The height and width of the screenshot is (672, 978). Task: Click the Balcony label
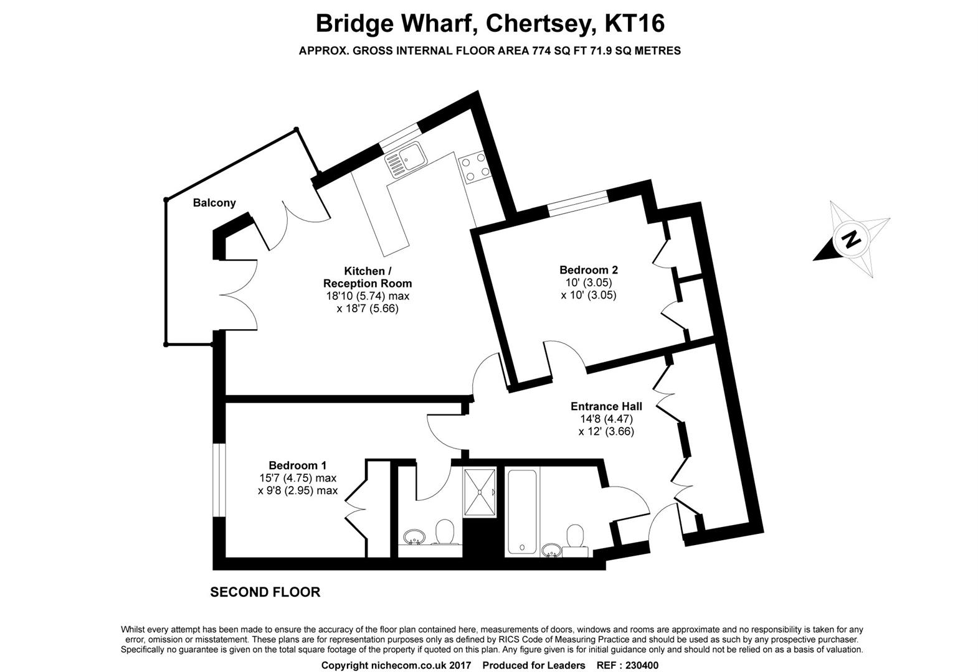[214, 202]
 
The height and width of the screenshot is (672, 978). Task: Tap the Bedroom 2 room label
[588, 270]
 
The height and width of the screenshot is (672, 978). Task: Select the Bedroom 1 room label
[297, 465]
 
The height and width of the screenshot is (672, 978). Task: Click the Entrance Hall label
[606, 406]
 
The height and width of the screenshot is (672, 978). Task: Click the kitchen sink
[404, 158]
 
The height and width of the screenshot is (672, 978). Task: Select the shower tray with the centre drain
[480, 492]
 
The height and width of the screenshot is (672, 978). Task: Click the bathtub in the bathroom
[523, 512]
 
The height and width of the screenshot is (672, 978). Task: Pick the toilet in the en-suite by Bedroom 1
[444, 532]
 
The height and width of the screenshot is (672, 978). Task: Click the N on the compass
[851, 238]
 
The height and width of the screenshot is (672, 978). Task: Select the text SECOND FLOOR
[265, 592]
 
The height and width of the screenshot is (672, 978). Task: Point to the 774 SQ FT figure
[558, 51]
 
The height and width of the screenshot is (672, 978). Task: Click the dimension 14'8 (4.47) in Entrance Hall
[605, 419]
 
